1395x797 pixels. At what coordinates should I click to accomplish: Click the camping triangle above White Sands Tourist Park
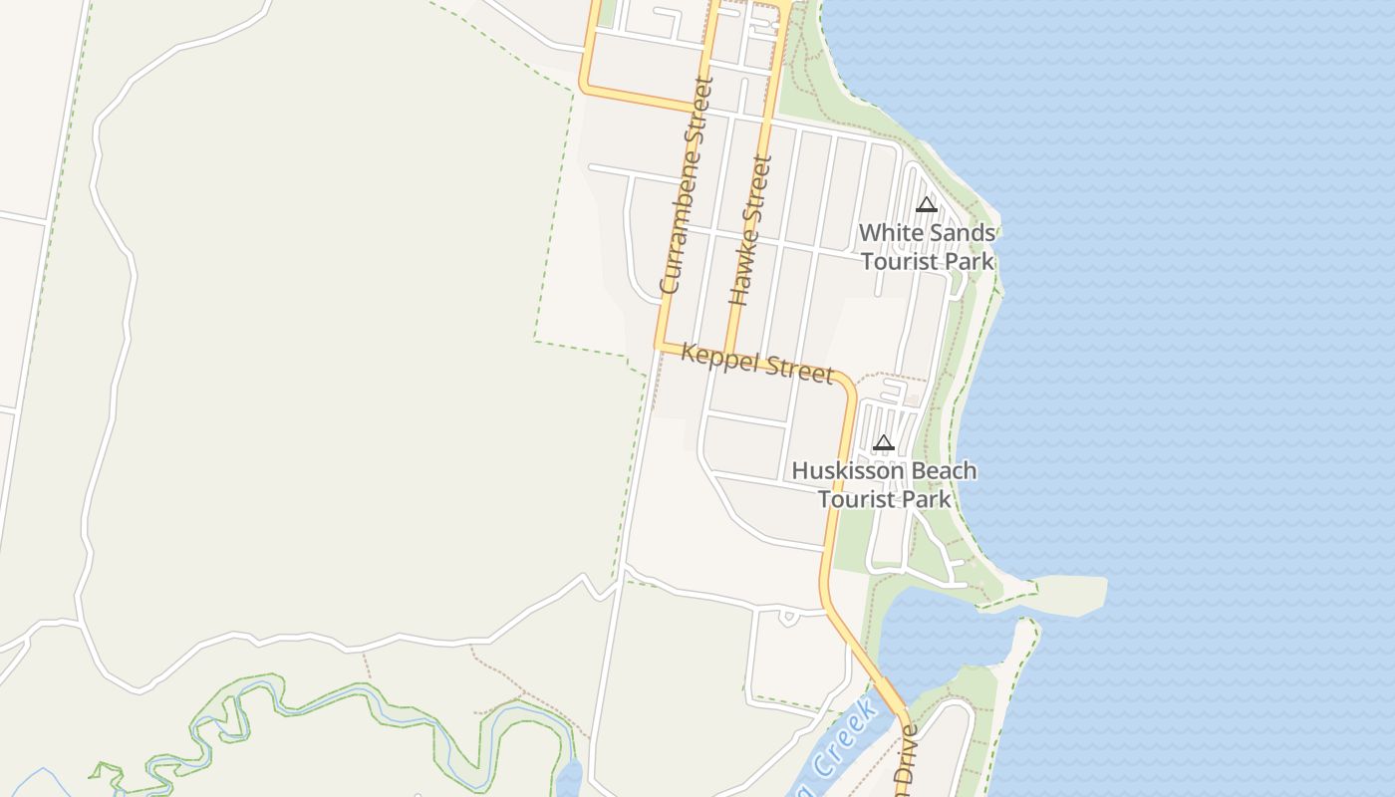[927, 205]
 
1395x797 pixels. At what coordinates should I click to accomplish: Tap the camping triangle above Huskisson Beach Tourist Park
[883, 443]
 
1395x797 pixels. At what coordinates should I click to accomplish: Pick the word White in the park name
[886, 233]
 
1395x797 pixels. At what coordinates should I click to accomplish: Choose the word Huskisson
[849, 471]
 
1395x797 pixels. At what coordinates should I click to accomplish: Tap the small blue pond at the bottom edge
[568, 778]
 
